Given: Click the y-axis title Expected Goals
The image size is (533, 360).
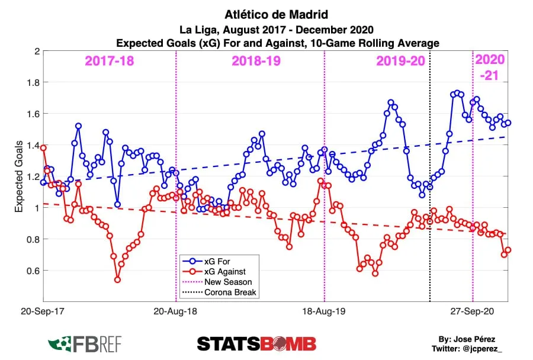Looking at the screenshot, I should pyautogui.click(x=19, y=176).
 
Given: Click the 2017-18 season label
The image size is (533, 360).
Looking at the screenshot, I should pyautogui.click(x=109, y=61).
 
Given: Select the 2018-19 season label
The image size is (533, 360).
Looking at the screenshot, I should pyautogui.click(x=256, y=61).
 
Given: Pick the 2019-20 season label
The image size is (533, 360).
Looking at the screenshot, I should pyautogui.click(x=401, y=61).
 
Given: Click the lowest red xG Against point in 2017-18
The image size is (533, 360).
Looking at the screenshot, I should pyautogui.click(x=117, y=279).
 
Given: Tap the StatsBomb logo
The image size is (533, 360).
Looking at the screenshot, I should pyautogui.click(x=256, y=343).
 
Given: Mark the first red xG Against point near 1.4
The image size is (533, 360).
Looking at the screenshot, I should pyautogui.click(x=43, y=148).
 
